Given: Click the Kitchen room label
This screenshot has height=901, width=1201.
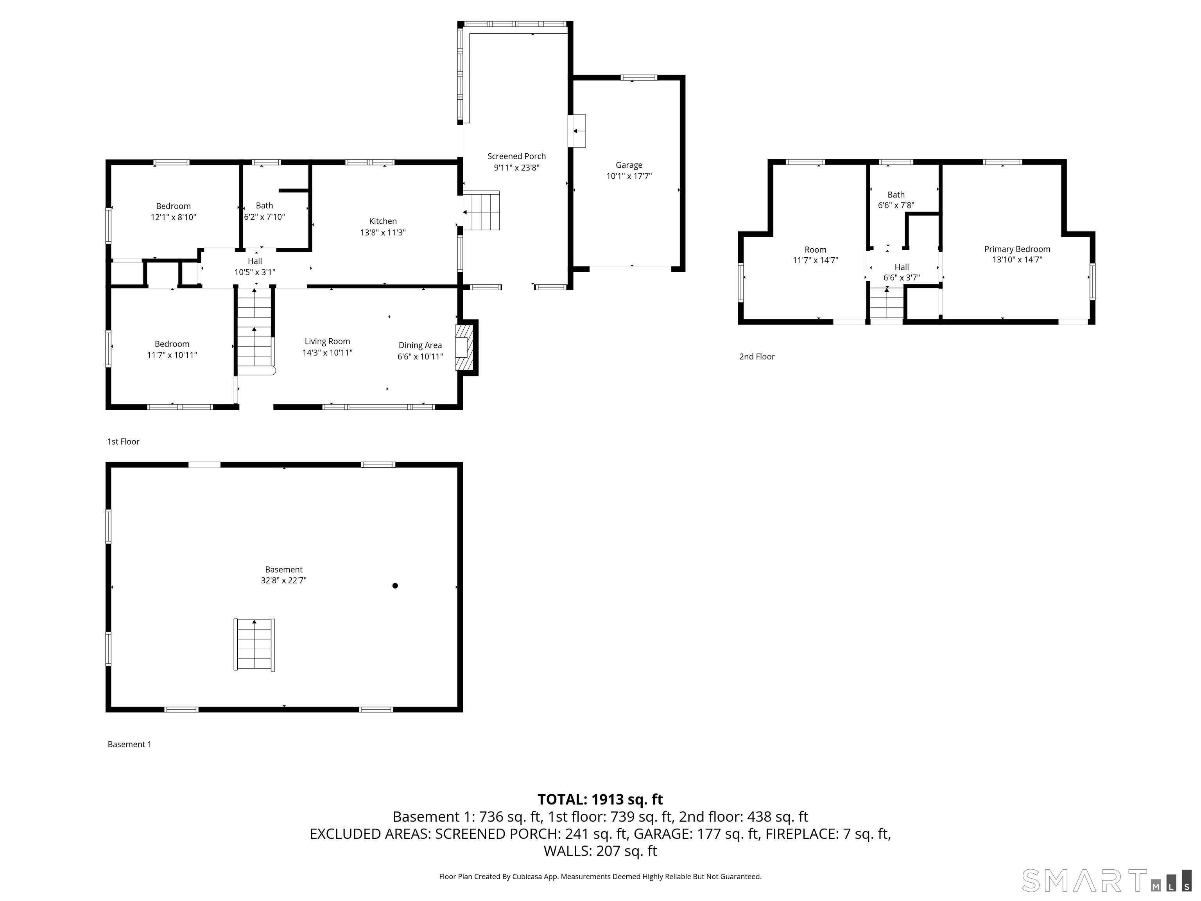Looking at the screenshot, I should click(383, 221).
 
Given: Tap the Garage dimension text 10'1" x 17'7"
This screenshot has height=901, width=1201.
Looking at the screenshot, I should click(629, 176).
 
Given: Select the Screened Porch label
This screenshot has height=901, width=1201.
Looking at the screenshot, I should click(516, 156).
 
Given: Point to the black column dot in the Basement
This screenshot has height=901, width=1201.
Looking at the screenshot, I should click(395, 585).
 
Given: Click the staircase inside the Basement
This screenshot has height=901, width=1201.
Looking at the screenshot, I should click(254, 644).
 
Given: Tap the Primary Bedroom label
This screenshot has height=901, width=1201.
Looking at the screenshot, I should click(1017, 249).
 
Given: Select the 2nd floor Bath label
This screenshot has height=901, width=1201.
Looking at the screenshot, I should click(896, 194).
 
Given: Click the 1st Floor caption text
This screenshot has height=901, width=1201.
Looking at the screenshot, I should click(123, 442).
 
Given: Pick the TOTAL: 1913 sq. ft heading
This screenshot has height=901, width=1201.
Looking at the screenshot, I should click(600, 799).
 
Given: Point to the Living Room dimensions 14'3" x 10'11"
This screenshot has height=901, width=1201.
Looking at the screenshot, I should click(327, 352).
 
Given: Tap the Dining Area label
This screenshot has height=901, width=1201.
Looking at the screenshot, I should click(420, 345).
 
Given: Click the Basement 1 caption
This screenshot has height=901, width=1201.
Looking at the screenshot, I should click(129, 744).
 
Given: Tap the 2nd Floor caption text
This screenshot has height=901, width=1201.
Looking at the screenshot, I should click(757, 356).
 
